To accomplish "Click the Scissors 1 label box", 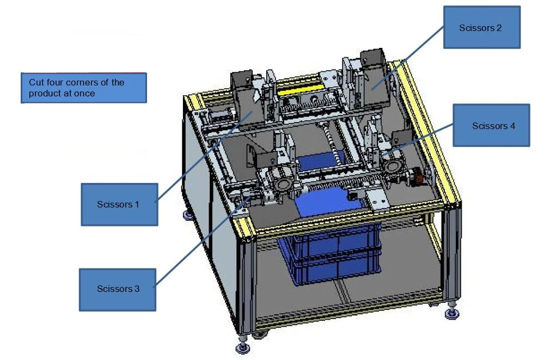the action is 120,204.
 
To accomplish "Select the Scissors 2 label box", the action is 481,27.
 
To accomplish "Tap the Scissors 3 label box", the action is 118,290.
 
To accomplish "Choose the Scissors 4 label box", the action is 491,125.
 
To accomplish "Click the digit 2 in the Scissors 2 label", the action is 499,28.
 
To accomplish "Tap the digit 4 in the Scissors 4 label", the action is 512,126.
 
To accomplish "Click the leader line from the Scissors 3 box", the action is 203,241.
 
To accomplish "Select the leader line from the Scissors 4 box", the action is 418,139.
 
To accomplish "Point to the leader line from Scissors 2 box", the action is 408,58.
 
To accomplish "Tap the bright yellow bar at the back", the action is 300,89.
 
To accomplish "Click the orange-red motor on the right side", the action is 418,175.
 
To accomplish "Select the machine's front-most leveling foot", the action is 243,347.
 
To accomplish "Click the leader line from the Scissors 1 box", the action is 204,156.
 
